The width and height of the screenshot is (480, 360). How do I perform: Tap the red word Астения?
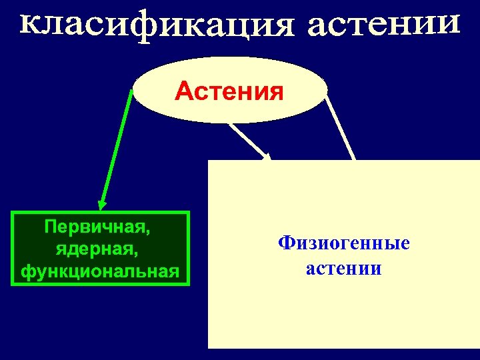coord(229,91)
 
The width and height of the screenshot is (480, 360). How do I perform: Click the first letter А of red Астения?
coord(182,91)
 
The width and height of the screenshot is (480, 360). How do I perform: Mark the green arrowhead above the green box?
coord(102,204)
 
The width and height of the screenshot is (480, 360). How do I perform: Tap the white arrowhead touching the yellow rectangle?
coord(268,158)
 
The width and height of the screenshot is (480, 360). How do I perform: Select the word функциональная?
coord(100,271)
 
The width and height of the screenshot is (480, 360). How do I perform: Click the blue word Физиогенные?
coord(344,244)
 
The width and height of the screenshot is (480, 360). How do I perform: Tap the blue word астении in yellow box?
coord(344,269)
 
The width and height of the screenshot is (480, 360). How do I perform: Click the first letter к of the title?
coord(29,25)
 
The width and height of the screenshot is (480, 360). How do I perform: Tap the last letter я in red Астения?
coord(275,92)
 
